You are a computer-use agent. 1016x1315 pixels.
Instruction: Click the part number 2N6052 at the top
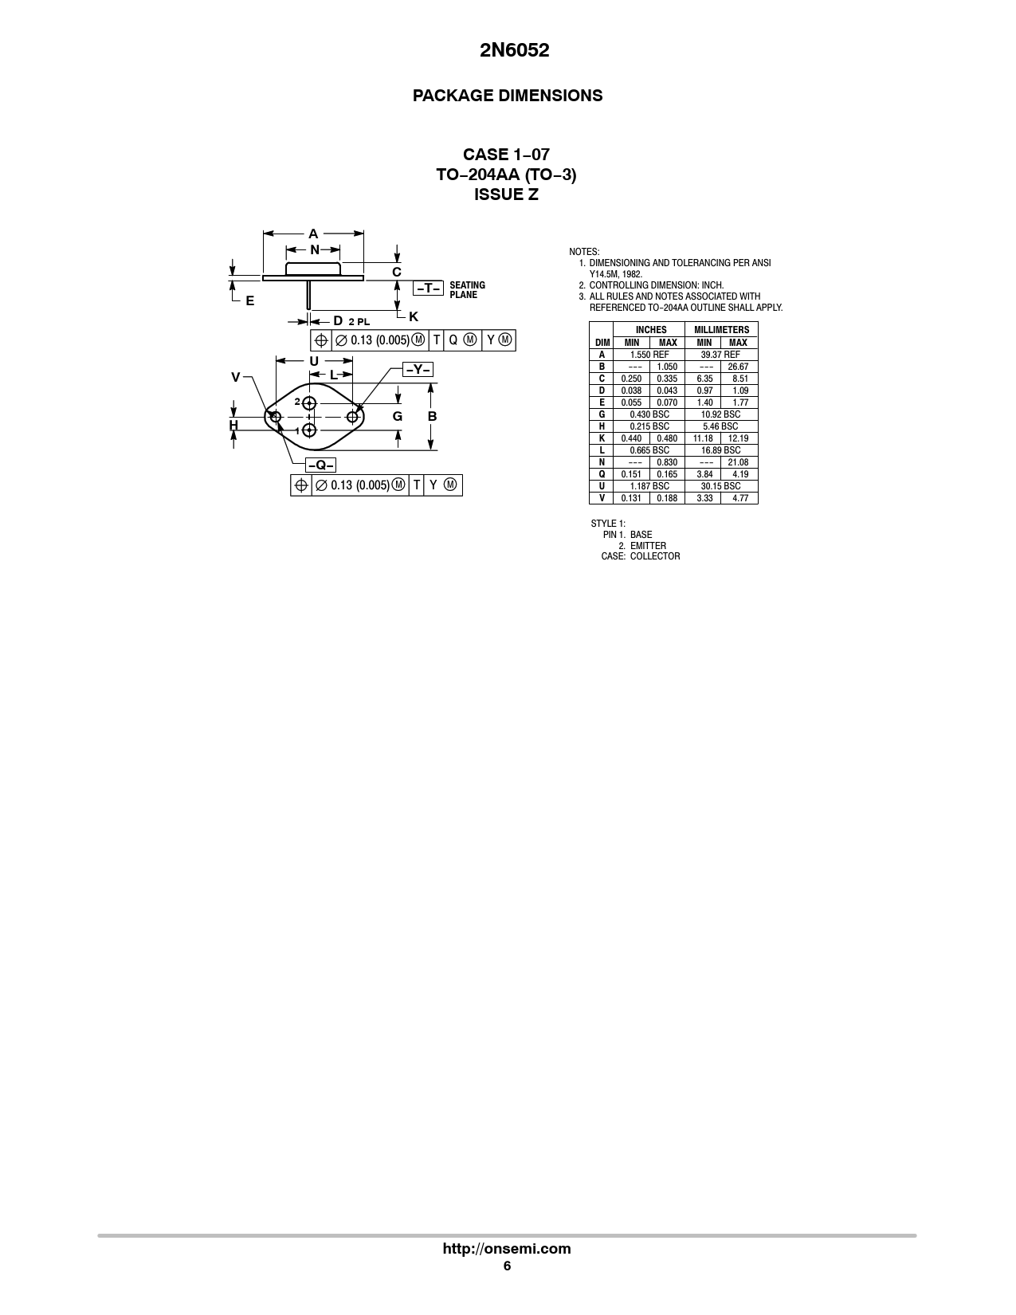(x=514, y=50)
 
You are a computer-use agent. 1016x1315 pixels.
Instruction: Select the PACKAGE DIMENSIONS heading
(x=508, y=96)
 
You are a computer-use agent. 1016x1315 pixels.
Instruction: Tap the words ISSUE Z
(x=507, y=195)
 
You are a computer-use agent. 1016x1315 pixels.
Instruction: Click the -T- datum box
(x=429, y=288)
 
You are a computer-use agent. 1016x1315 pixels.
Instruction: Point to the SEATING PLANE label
(x=467, y=290)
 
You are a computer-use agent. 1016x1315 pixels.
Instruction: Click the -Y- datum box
(x=418, y=369)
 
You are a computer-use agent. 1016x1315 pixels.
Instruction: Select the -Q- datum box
(x=320, y=465)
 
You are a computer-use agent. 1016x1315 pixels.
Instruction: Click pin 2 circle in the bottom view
(x=310, y=403)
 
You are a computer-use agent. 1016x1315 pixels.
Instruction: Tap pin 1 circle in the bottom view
(x=310, y=430)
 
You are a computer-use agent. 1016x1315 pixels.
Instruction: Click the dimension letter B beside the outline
(x=432, y=416)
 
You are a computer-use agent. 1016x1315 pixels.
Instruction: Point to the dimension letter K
(x=414, y=316)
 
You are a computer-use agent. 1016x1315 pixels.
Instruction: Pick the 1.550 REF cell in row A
(x=649, y=355)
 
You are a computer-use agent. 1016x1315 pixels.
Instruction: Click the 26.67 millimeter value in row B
(x=738, y=367)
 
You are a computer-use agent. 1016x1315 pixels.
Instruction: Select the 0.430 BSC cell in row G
(x=649, y=414)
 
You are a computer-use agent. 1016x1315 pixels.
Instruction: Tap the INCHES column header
(x=651, y=330)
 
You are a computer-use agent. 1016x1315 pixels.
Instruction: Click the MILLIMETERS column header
(x=721, y=330)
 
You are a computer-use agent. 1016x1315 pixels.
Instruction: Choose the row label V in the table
(x=602, y=498)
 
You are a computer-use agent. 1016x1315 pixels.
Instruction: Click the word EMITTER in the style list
(x=648, y=546)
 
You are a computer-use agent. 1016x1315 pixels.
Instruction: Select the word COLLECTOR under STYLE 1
(x=655, y=556)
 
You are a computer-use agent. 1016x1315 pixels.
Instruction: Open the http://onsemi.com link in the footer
(x=507, y=1248)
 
